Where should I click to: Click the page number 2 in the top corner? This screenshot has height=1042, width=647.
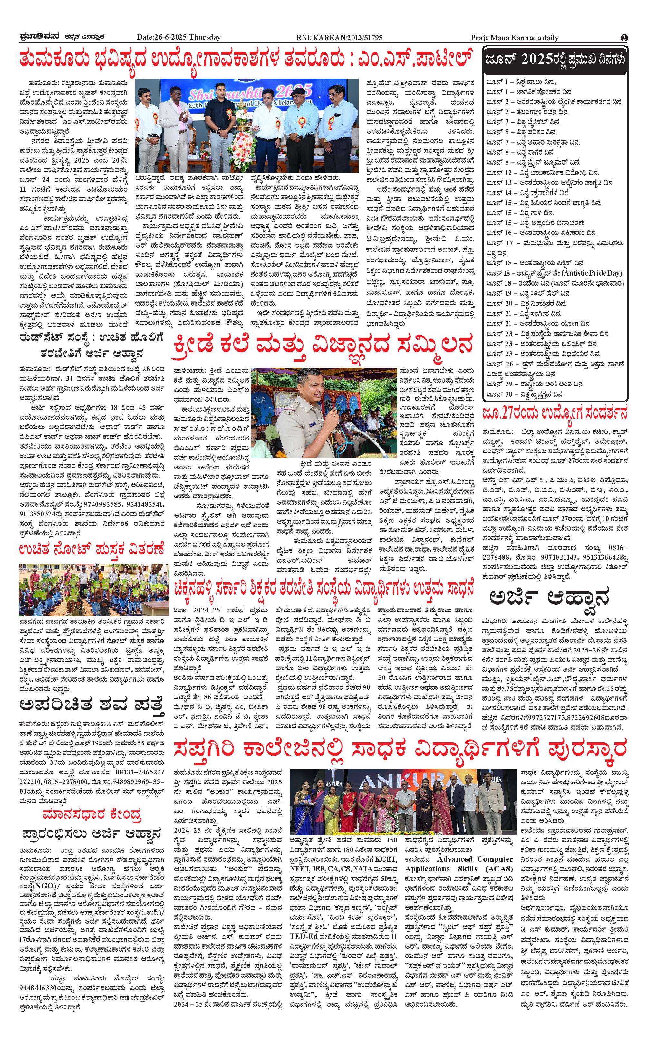point(624,38)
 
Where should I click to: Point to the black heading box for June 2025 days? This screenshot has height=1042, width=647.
point(555,60)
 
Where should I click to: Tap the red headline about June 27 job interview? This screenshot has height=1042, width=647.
point(555,413)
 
